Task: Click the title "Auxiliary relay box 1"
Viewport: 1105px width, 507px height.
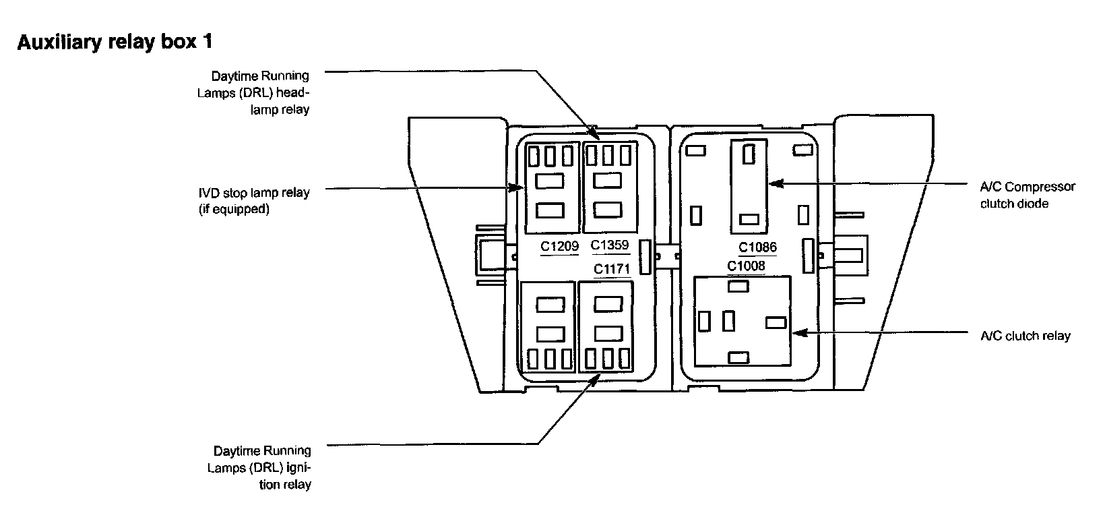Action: [x=115, y=42]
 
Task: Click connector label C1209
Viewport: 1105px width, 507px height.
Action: [x=559, y=247]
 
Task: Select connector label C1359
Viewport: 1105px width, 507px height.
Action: [x=609, y=245]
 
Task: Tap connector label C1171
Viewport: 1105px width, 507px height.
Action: [x=611, y=269]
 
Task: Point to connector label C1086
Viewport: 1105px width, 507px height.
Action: [x=757, y=247]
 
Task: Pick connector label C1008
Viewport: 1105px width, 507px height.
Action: [x=746, y=266]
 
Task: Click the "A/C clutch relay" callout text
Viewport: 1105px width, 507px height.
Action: [x=1025, y=336]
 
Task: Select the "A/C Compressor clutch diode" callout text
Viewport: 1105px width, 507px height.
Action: [x=1027, y=195]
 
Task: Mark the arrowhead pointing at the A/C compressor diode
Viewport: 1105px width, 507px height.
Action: [x=773, y=183]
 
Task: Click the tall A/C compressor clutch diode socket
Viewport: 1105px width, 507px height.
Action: [x=749, y=187]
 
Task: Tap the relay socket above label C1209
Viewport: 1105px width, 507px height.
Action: [x=552, y=187]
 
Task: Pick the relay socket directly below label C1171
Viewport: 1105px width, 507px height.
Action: [x=605, y=327]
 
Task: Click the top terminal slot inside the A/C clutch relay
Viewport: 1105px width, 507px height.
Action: [x=739, y=286]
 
